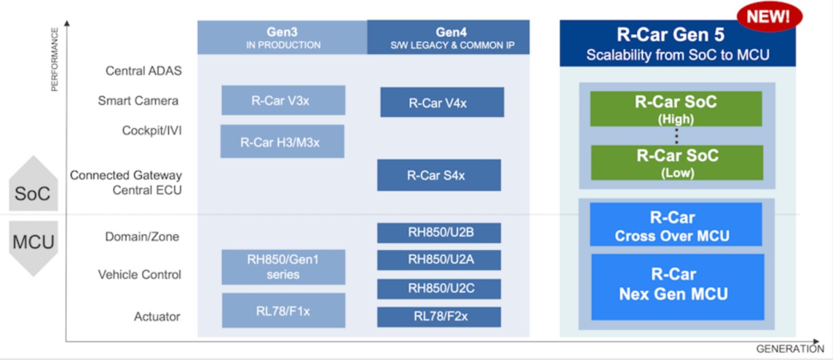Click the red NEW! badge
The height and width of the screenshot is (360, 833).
pos(769,17)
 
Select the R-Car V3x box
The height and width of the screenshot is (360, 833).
pos(283,100)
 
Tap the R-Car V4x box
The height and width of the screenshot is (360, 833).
pos(442,102)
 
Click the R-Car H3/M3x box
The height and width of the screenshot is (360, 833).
pos(282,141)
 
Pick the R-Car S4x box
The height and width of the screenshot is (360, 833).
pos(438,175)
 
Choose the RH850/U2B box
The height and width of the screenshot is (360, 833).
pos(438,233)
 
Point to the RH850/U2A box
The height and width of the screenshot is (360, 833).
pos(438,260)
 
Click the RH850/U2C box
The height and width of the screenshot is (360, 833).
pos(438,288)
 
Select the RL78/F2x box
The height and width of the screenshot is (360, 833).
pos(438,316)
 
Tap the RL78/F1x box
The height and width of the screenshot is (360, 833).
pos(283,310)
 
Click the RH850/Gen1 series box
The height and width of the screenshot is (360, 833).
pos(283,266)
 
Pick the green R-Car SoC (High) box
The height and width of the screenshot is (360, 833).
pos(676,109)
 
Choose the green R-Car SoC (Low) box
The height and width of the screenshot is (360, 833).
pos(676,163)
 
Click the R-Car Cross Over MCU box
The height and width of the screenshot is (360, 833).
pos(676,226)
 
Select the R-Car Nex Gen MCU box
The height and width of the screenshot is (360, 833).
pos(676,286)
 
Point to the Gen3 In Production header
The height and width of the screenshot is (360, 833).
pos(282,38)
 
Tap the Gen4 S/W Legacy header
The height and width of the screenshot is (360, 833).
pos(448,38)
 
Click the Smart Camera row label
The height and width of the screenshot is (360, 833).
pos(138,101)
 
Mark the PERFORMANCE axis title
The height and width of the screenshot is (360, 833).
pos(55,59)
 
